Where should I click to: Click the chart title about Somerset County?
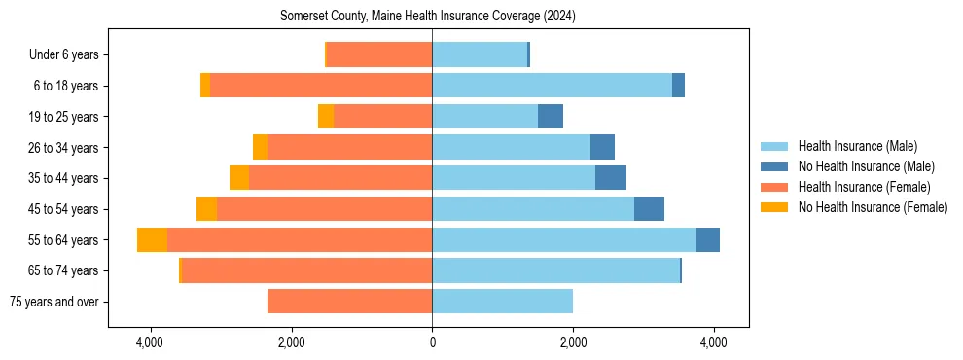428,17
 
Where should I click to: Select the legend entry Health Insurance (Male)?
857,146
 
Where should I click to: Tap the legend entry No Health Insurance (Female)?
873,207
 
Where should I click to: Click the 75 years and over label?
53,302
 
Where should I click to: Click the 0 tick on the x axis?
432,343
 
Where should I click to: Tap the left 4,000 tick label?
150,343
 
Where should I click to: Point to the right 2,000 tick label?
573,343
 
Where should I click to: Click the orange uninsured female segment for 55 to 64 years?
152,240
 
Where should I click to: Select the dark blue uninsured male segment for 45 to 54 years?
649,209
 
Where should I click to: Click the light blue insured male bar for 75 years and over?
502,302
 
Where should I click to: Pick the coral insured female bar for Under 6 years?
379,55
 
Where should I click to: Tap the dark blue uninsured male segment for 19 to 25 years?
551,117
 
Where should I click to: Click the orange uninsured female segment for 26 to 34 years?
260,147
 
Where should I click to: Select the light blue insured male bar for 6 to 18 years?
552,86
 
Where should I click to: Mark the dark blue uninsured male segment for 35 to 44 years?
611,178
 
